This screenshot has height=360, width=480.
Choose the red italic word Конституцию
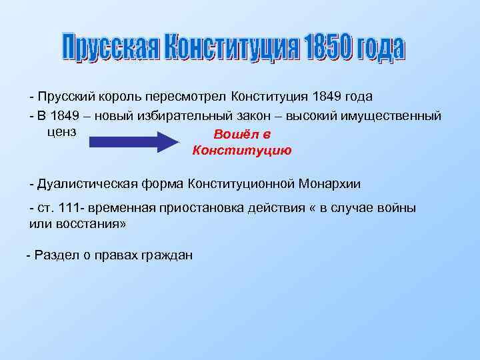tap(241, 151)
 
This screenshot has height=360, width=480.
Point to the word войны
tap(398, 208)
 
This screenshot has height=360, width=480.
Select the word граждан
tap(167, 255)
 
